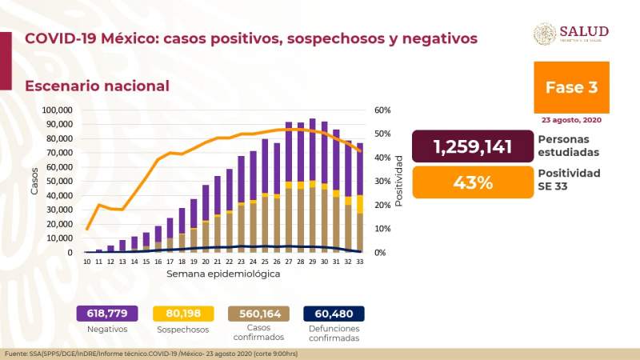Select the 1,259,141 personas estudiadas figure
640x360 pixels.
[x=472, y=147]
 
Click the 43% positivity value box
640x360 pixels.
[x=472, y=182]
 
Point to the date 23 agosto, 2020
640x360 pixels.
[x=571, y=120]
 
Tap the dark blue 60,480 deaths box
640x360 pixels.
[x=334, y=314]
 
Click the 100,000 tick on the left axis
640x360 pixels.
[x=57, y=110]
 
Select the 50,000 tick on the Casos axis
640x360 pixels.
[x=58, y=182]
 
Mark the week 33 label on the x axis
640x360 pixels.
[x=361, y=262]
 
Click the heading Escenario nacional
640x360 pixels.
[x=97, y=86]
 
